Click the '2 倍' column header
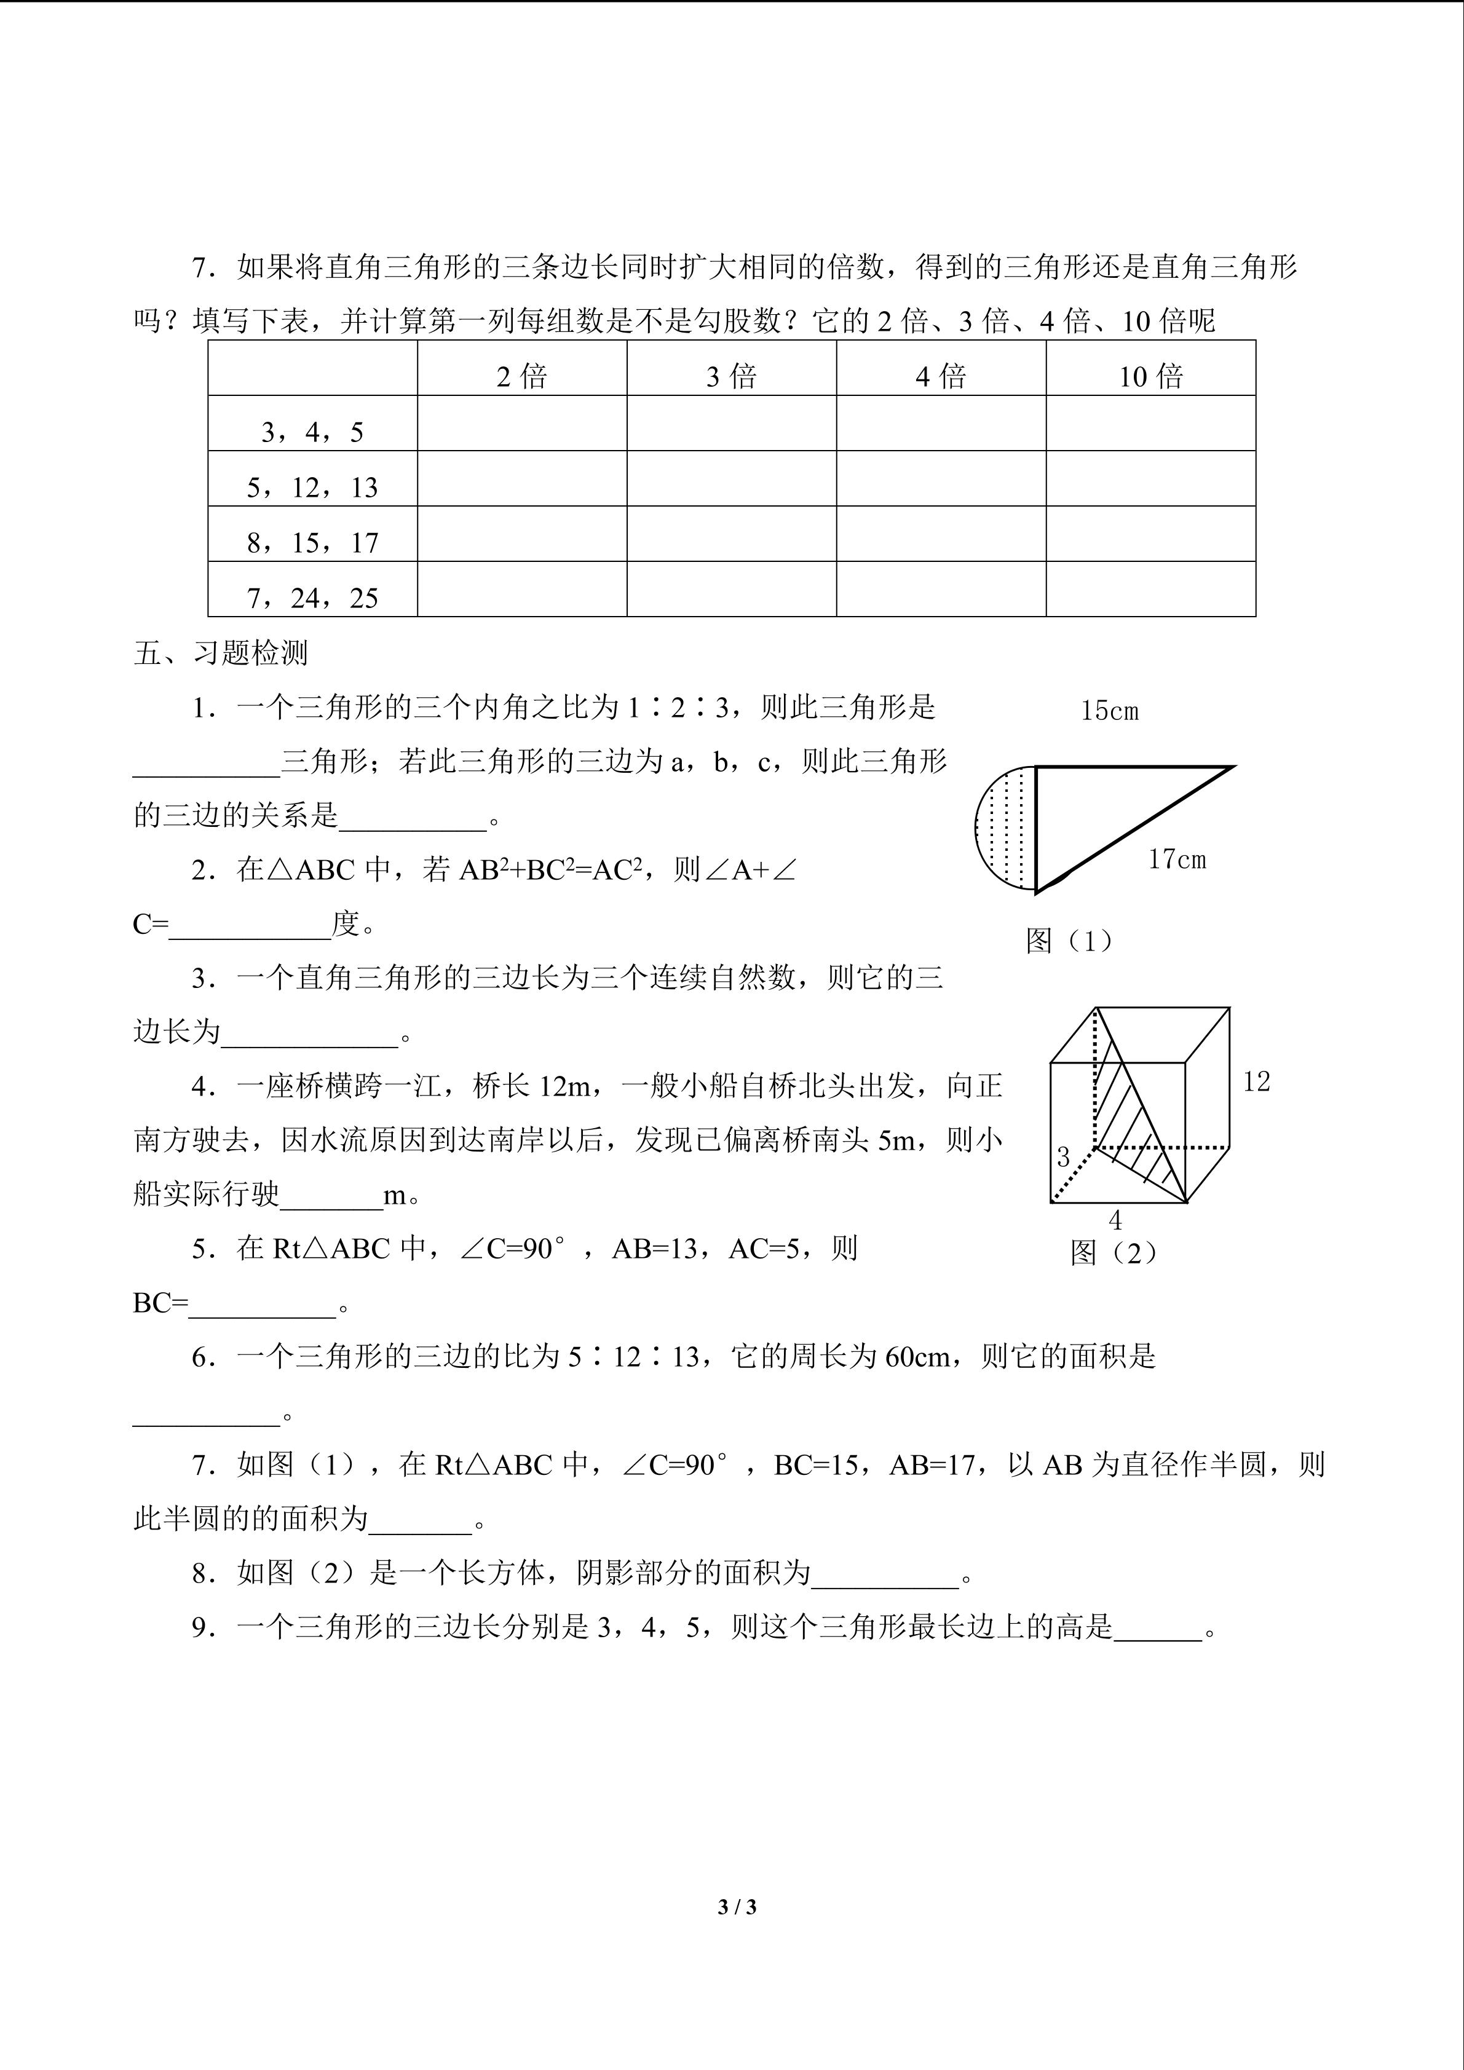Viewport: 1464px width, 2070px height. coord(522,376)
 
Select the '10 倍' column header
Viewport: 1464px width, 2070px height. coord(1150,376)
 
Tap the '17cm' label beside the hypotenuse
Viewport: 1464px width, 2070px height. coord(1176,859)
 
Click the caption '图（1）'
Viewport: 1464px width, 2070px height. coord(1069,941)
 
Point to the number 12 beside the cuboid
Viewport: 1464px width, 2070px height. coord(1256,1081)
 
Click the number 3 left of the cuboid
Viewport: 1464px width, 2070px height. coord(1063,1156)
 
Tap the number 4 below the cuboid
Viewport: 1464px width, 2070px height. coord(1115,1221)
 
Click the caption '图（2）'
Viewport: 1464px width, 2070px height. coord(1114,1252)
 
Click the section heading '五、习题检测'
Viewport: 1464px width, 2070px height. coord(221,653)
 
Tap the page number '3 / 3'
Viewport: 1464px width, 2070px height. coord(737,1907)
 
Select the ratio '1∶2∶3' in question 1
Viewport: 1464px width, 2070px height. coord(677,708)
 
